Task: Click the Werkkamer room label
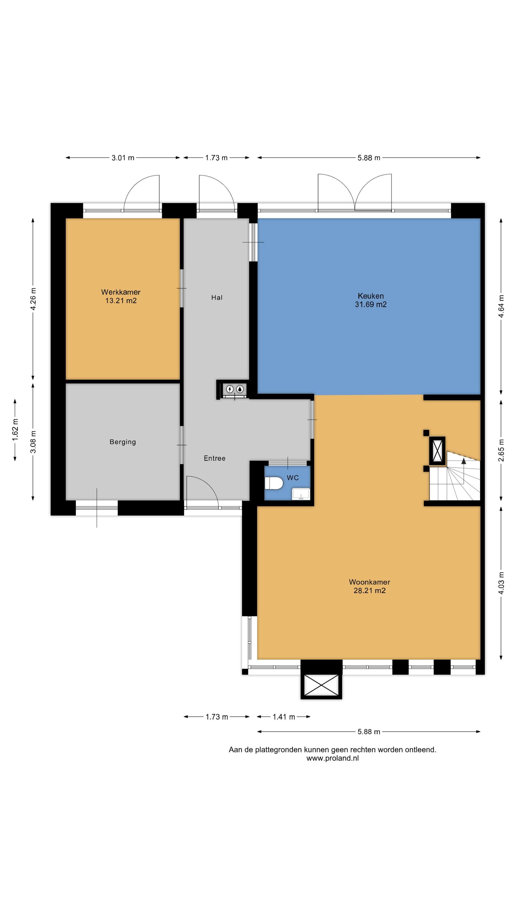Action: point(121,292)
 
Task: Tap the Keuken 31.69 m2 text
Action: point(370,300)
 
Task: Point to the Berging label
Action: point(123,442)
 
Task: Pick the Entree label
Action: point(214,458)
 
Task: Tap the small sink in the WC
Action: point(301,494)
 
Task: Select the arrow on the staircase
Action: point(464,461)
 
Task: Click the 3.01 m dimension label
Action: point(123,158)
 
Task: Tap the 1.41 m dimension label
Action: point(284,717)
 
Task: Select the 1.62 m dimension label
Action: point(15,430)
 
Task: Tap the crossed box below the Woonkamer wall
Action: point(321,685)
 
